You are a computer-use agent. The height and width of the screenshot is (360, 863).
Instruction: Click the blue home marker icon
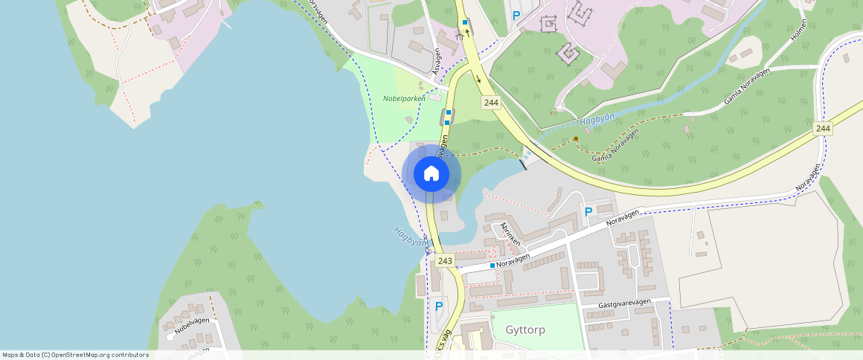click(431, 174)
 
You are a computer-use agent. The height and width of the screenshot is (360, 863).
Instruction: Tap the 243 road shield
click(445, 260)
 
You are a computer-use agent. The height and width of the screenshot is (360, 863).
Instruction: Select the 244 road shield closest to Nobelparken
click(490, 103)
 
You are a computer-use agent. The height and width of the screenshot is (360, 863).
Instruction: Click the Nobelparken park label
click(404, 98)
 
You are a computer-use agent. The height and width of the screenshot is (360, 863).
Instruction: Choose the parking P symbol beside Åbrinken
click(588, 212)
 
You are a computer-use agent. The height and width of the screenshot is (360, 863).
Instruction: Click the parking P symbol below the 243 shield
click(438, 306)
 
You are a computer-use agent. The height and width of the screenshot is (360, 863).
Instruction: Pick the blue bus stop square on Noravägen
click(493, 265)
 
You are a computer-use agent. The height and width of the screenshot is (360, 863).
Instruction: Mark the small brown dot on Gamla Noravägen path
click(576, 138)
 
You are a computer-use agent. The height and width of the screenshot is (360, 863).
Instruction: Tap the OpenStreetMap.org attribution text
click(100, 355)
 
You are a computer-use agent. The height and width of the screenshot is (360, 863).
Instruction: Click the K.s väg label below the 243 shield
click(444, 338)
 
